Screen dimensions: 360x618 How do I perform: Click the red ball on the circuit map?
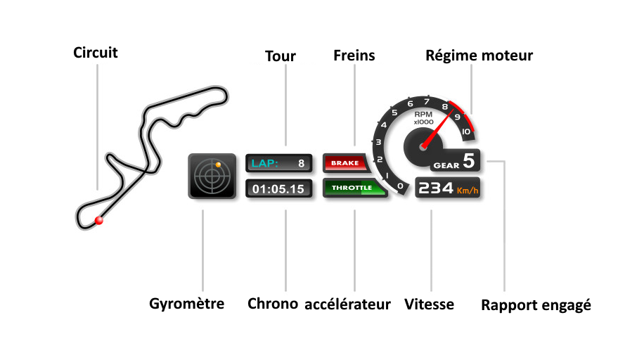click(x=99, y=220)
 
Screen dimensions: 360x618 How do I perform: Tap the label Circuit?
click(x=96, y=53)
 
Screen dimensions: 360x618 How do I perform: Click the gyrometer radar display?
click(x=212, y=176)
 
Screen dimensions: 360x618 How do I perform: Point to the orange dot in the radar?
click(x=218, y=165)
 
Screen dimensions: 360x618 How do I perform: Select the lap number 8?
click(x=301, y=164)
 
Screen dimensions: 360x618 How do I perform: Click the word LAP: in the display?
click(x=265, y=164)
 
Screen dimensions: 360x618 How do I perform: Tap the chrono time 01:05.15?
click(x=278, y=189)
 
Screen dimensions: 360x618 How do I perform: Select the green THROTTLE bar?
click(x=353, y=188)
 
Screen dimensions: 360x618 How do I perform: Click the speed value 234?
click(x=435, y=188)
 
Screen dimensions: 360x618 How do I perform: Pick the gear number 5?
click(x=468, y=160)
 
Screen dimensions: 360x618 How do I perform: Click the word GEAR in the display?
click(x=446, y=165)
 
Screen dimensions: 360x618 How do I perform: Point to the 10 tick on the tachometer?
click(x=465, y=131)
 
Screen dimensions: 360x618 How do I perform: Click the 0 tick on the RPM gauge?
click(x=400, y=186)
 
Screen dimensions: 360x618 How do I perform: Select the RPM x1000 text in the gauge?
click(x=423, y=117)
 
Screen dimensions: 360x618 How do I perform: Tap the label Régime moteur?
click(x=479, y=56)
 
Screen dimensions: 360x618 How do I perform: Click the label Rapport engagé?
click(x=536, y=306)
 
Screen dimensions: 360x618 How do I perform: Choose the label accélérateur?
click(x=347, y=304)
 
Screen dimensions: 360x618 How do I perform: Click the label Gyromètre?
click(x=187, y=304)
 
